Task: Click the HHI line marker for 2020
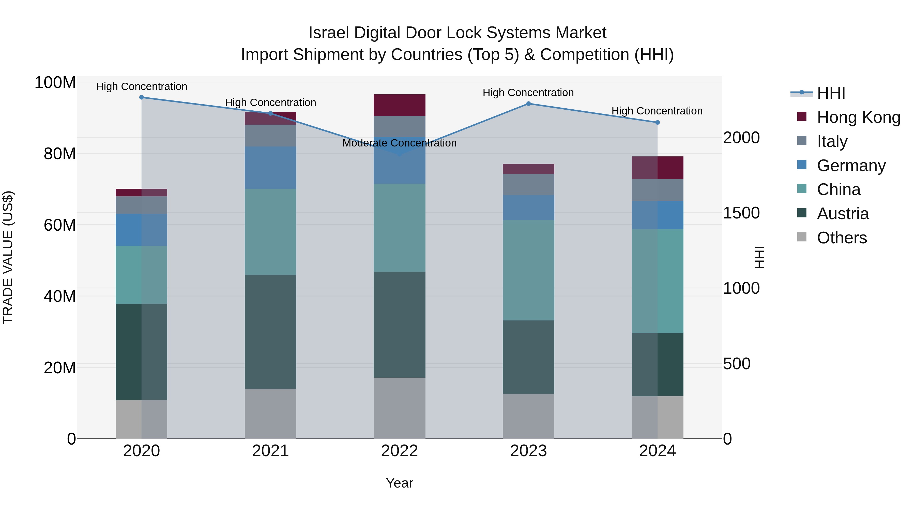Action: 141,97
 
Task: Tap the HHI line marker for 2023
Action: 528,104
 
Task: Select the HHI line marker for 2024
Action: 657,122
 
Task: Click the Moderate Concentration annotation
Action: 399,143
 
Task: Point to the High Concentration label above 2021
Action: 270,102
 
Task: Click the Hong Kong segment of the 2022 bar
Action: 399,105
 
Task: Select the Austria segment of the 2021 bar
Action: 270,332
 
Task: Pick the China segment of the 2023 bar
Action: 528,270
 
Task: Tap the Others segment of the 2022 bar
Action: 399,408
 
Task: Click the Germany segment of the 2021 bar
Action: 270,167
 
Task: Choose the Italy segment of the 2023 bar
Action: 528,184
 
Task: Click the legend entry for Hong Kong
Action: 858,117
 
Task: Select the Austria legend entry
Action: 843,214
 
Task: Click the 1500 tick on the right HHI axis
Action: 741,213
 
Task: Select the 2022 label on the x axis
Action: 399,451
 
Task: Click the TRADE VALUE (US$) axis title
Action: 8,257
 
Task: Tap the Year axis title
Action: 399,483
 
